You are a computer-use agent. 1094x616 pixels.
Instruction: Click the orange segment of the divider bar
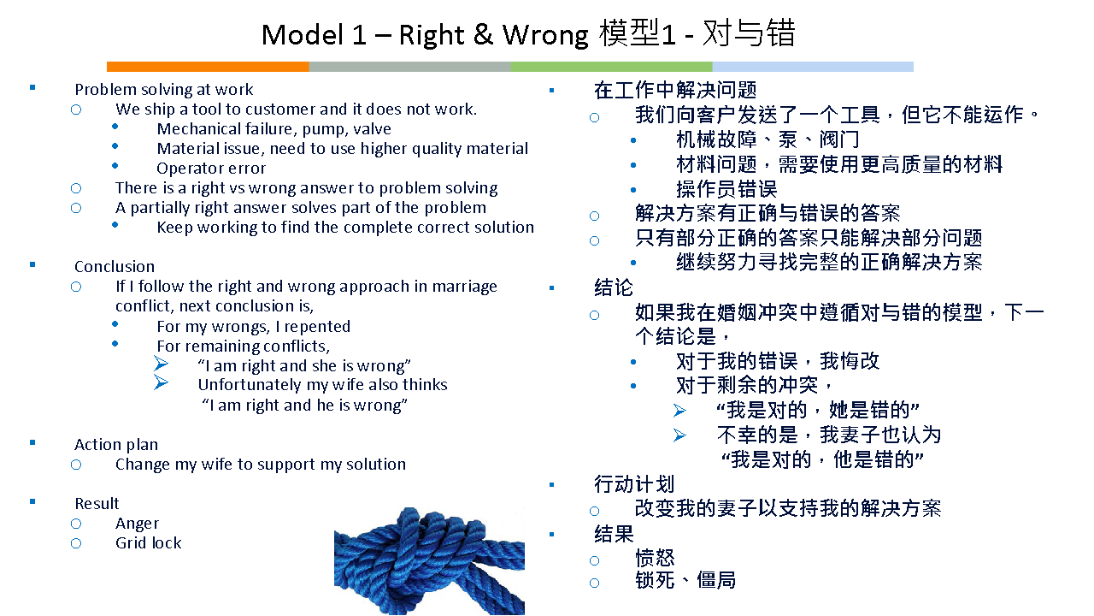[208, 67]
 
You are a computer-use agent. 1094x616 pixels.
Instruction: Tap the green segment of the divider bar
[611, 67]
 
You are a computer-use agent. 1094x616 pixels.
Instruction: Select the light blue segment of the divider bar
[813, 67]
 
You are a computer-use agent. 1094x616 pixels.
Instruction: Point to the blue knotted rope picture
[429, 560]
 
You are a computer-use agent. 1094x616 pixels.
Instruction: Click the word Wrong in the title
[545, 35]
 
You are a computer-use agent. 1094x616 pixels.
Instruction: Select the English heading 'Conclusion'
[115, 266]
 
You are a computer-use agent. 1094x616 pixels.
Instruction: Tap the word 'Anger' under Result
[138, 524]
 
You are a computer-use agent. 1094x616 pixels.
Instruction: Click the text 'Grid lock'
[149, 542]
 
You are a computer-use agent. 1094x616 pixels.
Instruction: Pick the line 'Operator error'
[211, 169]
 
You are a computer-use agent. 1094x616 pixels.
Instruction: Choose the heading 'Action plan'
[116, 444]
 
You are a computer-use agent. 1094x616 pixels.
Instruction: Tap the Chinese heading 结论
[614, 287]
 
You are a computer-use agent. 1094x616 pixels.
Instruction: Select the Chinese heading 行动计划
[634, 484]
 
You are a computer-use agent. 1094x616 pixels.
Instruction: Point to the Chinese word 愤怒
[655, 558]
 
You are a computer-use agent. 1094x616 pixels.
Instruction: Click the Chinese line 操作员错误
[726, 189]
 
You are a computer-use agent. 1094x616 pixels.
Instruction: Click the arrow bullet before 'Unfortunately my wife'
[162, 382]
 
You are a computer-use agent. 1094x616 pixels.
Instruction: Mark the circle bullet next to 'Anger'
[76, 524]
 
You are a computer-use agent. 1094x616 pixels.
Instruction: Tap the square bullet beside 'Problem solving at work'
[32, 88]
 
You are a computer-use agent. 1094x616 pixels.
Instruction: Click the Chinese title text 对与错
[749, 33]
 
